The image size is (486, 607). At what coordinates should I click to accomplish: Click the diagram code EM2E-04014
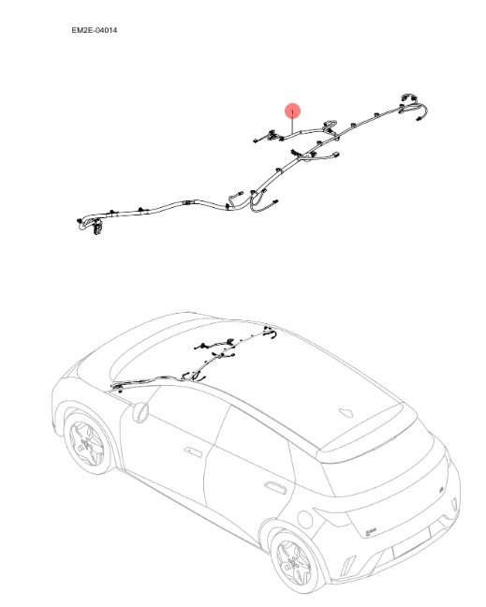(x=94, y=31)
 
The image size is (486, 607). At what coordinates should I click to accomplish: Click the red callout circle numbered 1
(x=293, y=111)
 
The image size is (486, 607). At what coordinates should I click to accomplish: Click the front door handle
(x=191, y=451)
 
